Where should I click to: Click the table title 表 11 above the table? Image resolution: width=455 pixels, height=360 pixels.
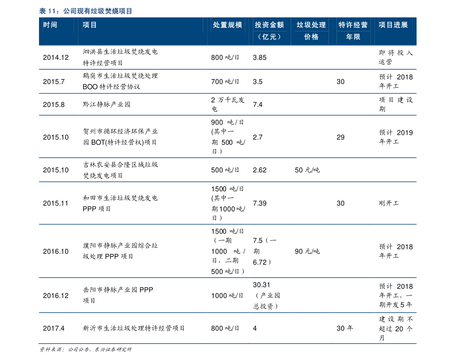86,11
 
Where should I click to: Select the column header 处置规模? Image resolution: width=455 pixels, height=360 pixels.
227,25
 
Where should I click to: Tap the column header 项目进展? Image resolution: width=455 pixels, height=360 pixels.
393,25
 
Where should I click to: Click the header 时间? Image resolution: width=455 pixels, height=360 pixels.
50,25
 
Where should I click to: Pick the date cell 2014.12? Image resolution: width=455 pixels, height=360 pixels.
56,57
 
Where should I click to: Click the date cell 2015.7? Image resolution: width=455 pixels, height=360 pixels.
54,81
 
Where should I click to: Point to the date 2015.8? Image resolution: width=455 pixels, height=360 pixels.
54,104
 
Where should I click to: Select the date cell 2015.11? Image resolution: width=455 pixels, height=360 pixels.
55,203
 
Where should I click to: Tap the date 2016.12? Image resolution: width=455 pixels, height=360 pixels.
56,295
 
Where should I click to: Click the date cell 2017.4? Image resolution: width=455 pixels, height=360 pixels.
54,328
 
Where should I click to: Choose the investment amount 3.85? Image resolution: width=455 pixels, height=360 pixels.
260,57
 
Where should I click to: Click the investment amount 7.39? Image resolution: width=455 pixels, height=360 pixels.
260,203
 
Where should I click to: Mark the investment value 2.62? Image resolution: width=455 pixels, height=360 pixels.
260,170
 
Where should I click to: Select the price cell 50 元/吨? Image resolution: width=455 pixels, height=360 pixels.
307,170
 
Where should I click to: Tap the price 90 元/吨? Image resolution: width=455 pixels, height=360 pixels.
307,251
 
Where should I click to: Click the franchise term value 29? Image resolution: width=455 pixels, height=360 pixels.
341,137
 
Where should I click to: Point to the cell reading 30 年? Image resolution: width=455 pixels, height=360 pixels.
345,328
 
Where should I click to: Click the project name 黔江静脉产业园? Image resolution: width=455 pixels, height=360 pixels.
107,104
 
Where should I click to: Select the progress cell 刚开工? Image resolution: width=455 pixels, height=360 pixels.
389,203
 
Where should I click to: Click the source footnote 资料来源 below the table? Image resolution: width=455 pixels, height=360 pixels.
85,350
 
